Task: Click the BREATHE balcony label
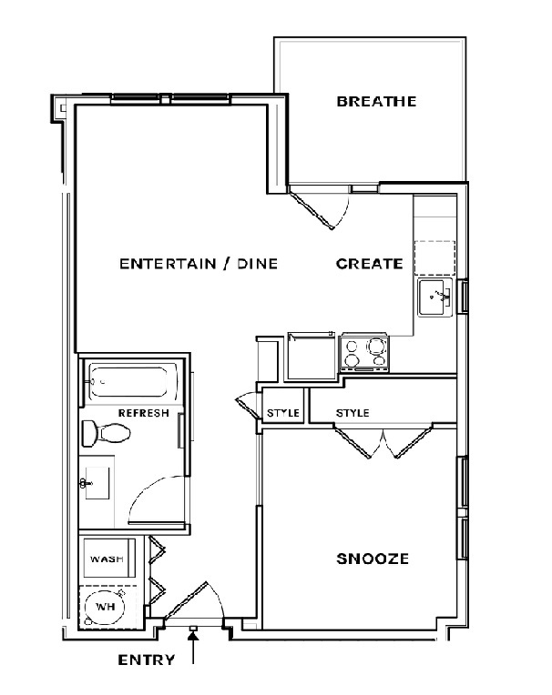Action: click(376, 102)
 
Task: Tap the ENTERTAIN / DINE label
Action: click(199, 264)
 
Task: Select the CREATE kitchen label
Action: click(370, 264)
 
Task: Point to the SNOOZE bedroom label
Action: click(373, 559)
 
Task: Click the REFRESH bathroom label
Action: click(144, 413)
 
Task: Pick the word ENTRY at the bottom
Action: click(147, 660)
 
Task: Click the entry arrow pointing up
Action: click(193, 648)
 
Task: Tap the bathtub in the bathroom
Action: click(132, 381)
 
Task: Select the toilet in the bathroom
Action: click(106, 433)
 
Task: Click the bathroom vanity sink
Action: click(95, 483)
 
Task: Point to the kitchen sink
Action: click(434, 297)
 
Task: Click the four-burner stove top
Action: click(364, 354)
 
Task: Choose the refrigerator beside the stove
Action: click(312, 357)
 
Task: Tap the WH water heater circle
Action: click(105, 607)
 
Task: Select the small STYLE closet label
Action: click(282, 413)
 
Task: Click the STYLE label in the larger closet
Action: click(353, 413)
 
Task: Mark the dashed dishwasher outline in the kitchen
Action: click(434, 258)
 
